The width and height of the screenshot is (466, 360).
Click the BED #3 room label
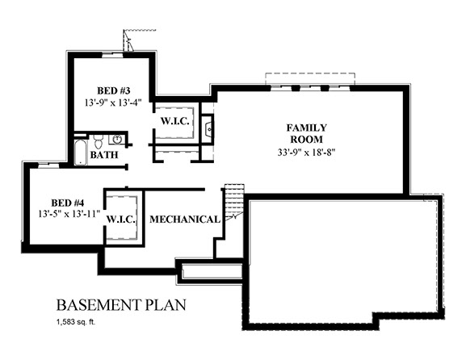[x=114, y=90]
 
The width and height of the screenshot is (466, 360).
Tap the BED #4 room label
[x=68, y=203]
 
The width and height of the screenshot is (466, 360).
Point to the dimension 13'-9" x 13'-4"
[x=112, y=103]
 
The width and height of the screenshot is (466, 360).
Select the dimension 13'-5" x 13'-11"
[x=69, y=214]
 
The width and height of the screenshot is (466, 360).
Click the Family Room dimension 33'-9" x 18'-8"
[x=306, y=152]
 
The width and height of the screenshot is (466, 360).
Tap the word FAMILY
[x=306, y=128]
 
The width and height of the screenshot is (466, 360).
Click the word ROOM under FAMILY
[x=306, y=140]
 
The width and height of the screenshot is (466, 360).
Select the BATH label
[x=104, y=155]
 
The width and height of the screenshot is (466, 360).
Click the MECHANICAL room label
[x=185, y=220]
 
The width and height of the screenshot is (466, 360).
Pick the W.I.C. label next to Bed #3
[x=174, y=121]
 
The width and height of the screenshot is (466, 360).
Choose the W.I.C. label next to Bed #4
[x=121, y=220]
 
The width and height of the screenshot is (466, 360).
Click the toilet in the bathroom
[x=98, y=141]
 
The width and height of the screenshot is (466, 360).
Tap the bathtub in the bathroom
[x=80, y=152]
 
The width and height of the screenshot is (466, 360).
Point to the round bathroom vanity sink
[x=118, y=139]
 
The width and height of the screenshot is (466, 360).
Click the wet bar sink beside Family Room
[x=208, y=127]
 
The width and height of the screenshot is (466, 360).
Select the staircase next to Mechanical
[x=233, y=201]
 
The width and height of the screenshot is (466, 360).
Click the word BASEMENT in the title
[x=99, y=305]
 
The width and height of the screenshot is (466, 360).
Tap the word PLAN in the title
[x=166, y=305]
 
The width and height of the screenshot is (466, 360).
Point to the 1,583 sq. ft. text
[x=76, y=322]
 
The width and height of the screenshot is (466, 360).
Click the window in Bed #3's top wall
[x=112, y=54]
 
